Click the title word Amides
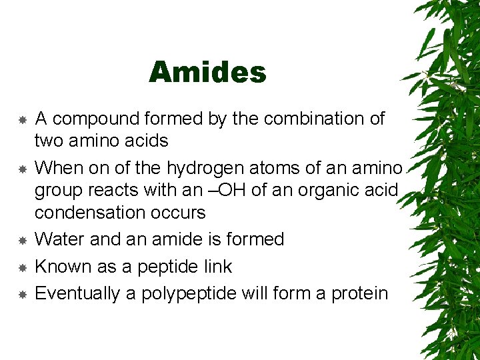207,72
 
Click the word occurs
181,213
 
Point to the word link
219,267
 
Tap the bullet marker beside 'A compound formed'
22,120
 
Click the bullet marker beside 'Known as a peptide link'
22,267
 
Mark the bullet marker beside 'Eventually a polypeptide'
22,294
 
